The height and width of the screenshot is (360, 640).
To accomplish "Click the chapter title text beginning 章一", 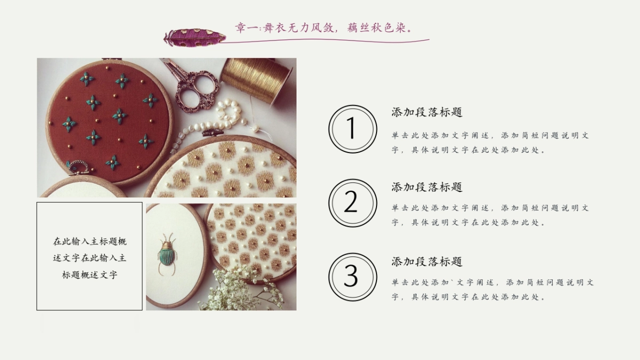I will click(x=324, y=27).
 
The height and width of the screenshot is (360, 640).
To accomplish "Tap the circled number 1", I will click(x=352, y=129).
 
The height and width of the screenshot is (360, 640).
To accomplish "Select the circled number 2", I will click(x=352, y=203).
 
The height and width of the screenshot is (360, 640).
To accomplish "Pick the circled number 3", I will click(x=352, y=276).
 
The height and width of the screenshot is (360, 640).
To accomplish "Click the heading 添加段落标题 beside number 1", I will click(x=427, y=113).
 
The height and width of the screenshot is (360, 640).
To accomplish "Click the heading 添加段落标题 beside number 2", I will click(x=427, y=187).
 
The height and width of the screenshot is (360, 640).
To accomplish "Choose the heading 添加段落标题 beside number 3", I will click(x=427, y=262).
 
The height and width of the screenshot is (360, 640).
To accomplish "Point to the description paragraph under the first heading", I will click(x=490, y=143).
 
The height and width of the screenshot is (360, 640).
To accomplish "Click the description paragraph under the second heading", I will click(x=490, y=215).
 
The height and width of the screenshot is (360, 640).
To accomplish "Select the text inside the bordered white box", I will click(x=90, y=258).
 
